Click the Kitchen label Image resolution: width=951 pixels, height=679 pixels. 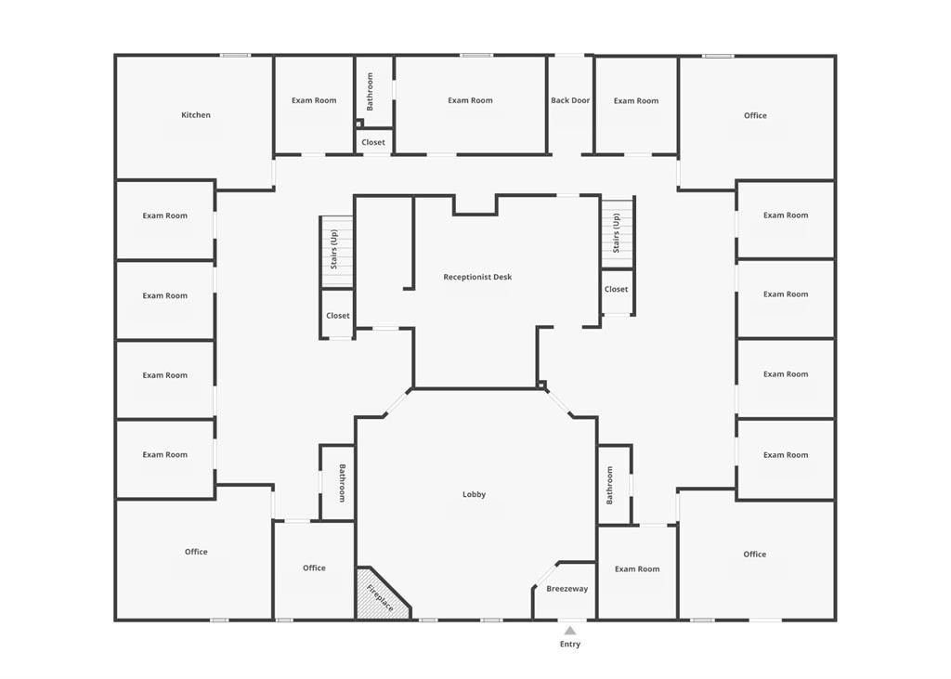point(196,114)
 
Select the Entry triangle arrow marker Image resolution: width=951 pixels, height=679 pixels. point(569,631)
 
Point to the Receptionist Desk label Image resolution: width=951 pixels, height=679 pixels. point(477,277)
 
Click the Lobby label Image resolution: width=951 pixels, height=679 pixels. point(474,494)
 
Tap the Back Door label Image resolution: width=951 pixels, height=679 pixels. point(570,100)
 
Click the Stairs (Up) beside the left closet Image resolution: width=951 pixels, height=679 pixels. point(336,251)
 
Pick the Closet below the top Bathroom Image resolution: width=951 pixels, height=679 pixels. point(373,141)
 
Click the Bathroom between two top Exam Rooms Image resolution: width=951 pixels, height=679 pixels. point(374,92)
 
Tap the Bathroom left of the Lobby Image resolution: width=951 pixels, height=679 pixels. point(337,483)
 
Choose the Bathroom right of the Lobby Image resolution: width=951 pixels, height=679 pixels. point(615,485)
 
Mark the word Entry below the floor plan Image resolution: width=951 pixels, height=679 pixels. point(570,644)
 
